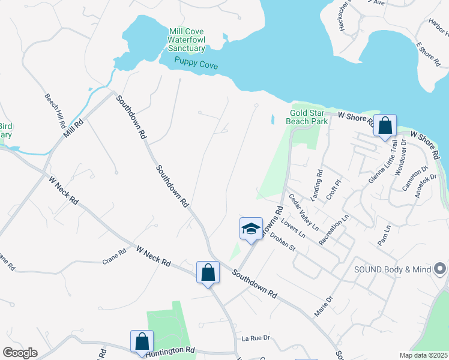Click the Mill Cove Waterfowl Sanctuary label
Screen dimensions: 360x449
click(x=187, y=40)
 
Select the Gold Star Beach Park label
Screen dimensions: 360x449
click(x=309, y=117)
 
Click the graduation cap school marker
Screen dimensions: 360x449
click(x=251, y=229)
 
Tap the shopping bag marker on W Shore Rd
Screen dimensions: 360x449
click(x=385, y=126)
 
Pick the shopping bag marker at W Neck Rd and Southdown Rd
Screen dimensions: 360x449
click(x=208, y=272)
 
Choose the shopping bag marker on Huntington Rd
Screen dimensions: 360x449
click(x=142, y=342)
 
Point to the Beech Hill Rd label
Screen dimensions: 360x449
click(x=55, y=111)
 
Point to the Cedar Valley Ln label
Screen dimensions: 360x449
click(x=303, y=212)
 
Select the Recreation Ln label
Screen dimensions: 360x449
click(x=334, y=229)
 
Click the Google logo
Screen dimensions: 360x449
click(x=20, y=353)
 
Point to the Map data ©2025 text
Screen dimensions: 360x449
click(x=423, y=355)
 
